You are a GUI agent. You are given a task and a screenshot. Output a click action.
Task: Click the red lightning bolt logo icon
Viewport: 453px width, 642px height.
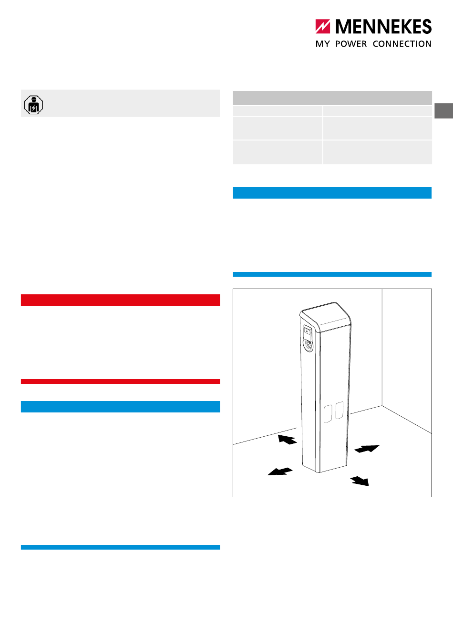(x=323, y=26)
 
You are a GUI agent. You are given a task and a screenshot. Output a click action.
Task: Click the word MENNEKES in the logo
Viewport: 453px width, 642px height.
(x=383, y=26)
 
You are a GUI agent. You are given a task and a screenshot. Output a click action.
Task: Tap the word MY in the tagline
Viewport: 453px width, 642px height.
(x=323, y=44)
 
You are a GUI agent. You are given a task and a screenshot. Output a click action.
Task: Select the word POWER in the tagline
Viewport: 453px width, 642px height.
(x=351, y=44)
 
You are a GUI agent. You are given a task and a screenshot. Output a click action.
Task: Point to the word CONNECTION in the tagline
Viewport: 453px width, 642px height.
(x=402, y=44)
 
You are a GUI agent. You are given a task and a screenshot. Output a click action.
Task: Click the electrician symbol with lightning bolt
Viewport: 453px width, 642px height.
(x=33, y=105)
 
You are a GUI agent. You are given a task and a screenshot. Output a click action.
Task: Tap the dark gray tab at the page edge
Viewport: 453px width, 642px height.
(x=444, y=110)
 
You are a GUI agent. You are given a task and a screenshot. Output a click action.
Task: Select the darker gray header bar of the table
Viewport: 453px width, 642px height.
(x=332, y=98)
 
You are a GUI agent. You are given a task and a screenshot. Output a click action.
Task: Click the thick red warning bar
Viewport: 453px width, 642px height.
(x=121, y=300)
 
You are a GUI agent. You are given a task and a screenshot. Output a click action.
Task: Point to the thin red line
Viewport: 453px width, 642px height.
(x=121, y=381)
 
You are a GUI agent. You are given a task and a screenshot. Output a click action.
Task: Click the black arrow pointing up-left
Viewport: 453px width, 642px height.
(x=287, y=440)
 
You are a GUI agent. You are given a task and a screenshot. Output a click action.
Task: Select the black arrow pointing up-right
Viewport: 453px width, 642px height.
(x=367, y=449)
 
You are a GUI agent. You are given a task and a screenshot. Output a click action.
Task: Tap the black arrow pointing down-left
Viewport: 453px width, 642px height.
(x=280, y=471)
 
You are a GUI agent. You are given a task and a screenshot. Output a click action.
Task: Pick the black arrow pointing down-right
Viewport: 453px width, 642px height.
(x=360, y=481)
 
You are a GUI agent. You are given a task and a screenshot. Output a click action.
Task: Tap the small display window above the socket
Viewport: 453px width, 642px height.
(x=307, y=332)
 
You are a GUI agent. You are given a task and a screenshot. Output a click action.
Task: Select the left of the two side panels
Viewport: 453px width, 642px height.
(x=328, y=413)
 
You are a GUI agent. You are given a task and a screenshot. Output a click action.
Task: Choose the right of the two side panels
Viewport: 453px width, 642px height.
(x=340, y=410)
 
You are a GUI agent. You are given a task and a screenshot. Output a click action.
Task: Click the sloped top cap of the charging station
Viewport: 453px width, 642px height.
(x=326, y=316)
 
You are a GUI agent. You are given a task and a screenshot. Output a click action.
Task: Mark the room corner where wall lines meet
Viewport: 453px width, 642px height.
(x=382, y=406)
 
